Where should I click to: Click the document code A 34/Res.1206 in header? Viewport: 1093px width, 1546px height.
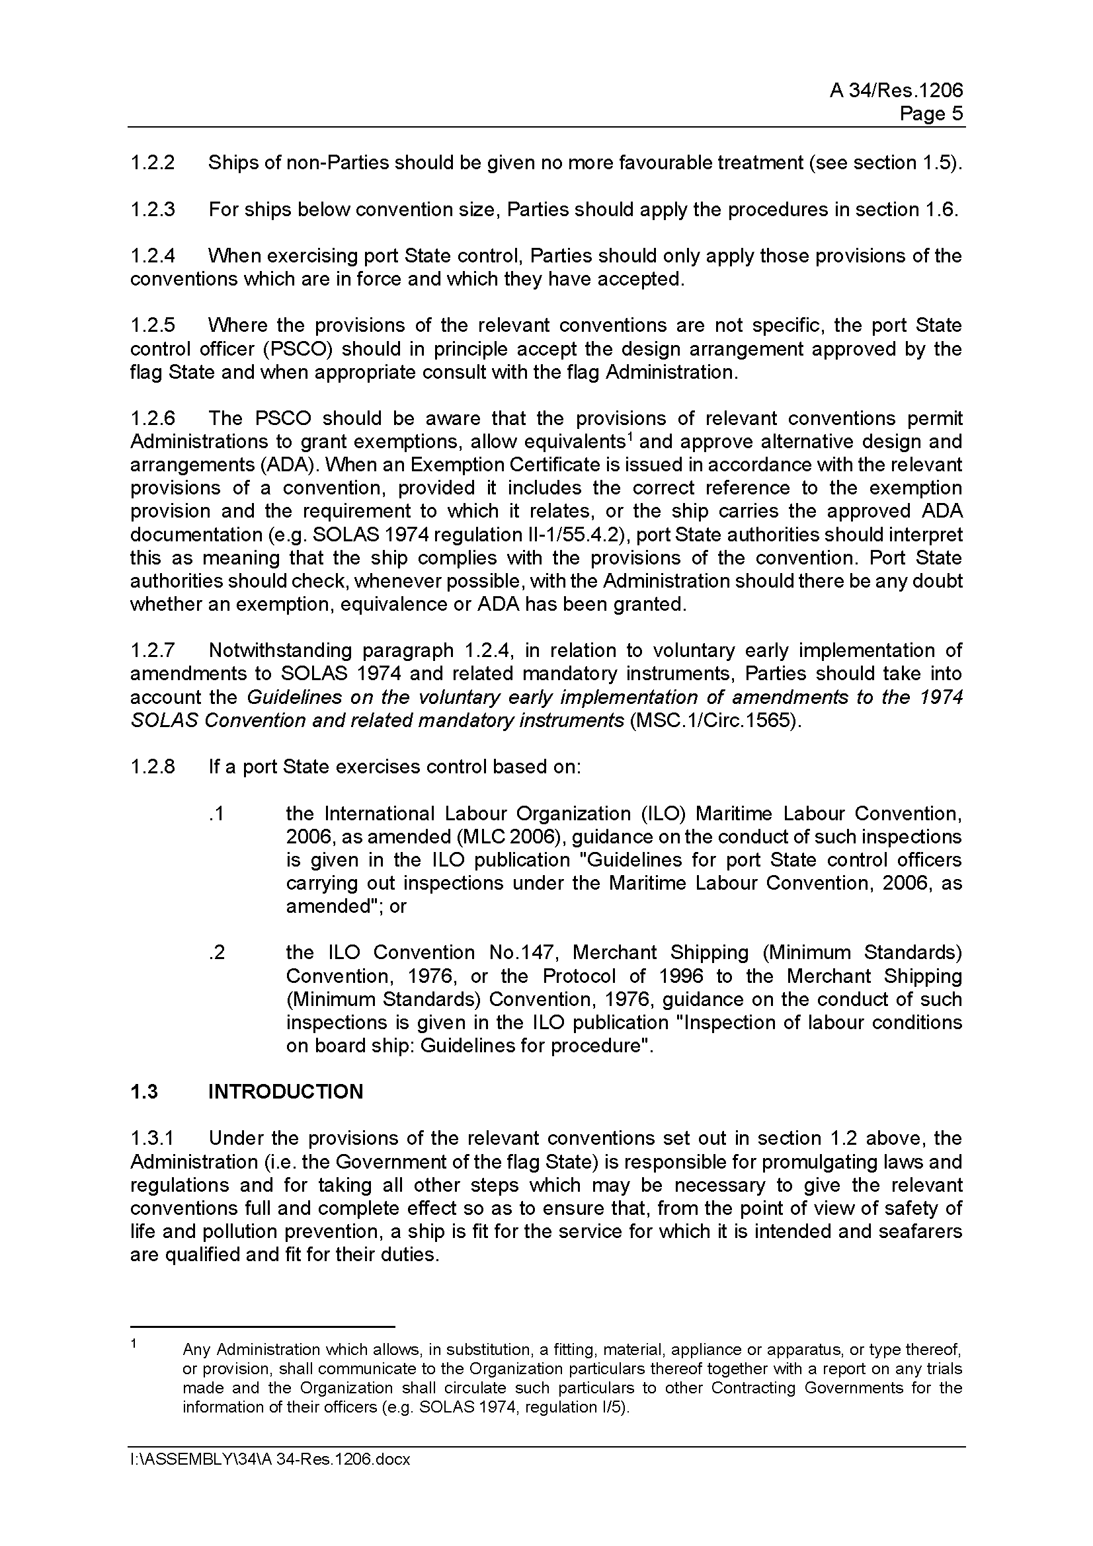tap(896, 91)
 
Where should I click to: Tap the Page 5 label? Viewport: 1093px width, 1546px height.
tap(932, 114)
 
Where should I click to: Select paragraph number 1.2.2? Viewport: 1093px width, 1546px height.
tap(153, 163)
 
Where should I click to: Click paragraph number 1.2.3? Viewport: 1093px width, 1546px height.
tap(153, 210)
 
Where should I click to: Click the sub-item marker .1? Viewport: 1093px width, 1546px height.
tap(216, 814)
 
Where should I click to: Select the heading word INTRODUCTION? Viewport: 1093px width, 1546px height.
tap(286, 1091)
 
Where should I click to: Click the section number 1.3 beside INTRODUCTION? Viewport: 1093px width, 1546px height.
tap(144, 1091)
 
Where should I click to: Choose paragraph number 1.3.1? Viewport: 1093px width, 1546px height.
tap(153, 1139)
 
